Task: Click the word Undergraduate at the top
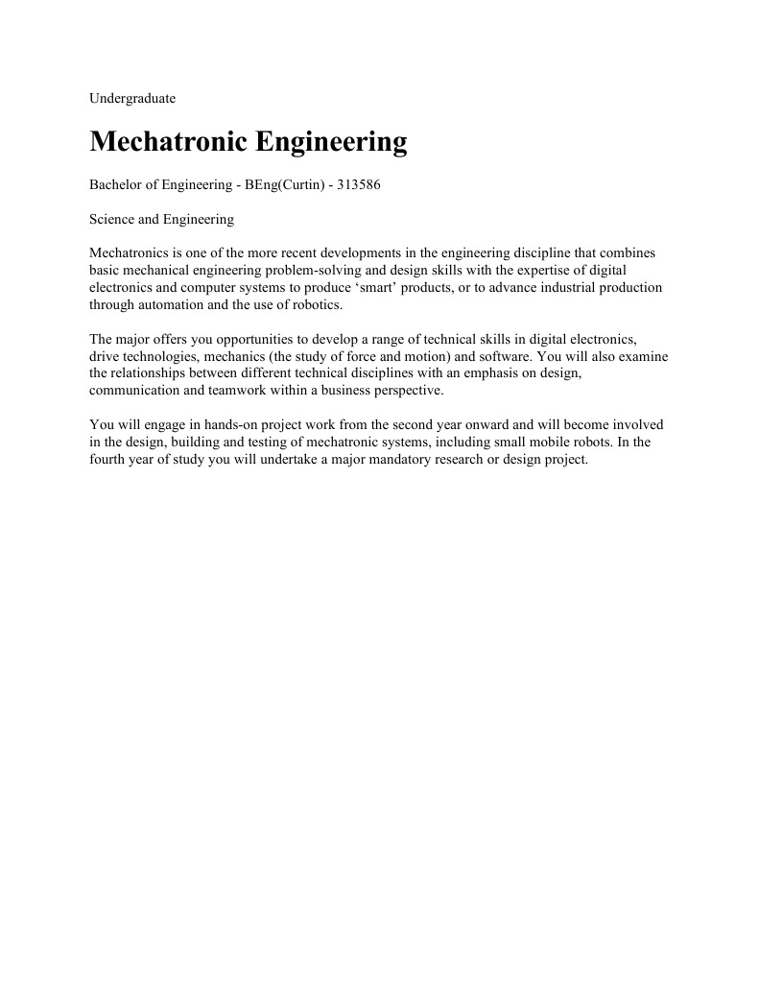(x=131, y=98)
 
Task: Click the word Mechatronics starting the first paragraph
(x=130, y=252)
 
